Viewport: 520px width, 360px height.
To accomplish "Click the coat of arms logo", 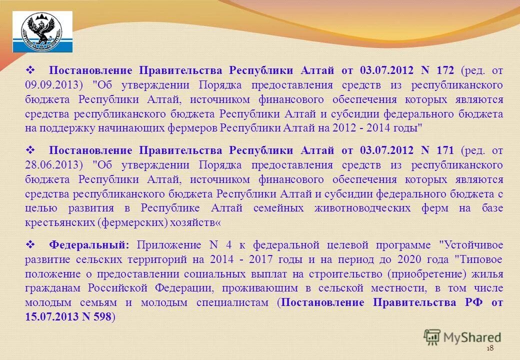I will pyautogui.click(x=42, y=32).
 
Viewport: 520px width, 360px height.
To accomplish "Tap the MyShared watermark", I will pyautogui.click(x=462, y=337).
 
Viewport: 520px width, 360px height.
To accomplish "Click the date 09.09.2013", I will pyautogui.click(x=49, y=84).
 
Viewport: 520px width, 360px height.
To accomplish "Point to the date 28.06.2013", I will pyautogui.click(x=49, y=165).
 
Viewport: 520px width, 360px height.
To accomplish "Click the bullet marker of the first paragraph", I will pyautogui.click(x=29, y=70).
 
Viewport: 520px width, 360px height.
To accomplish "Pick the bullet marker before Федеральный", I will pyautogui.click(x=29, y=245).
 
